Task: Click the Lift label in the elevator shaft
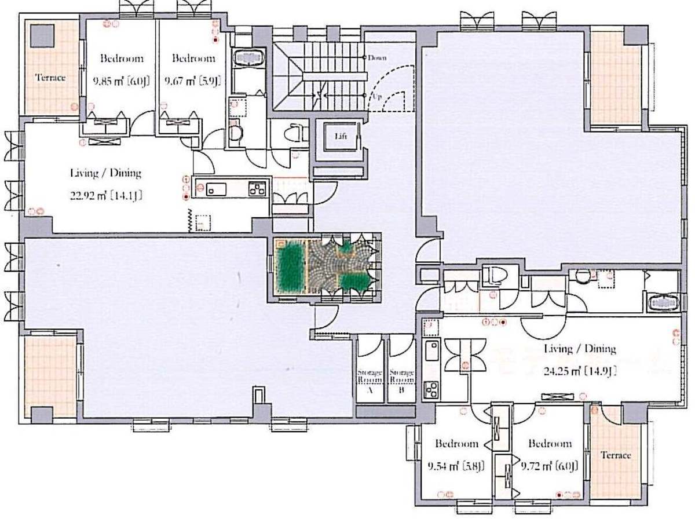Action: tap(341, 136)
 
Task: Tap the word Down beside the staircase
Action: tap(377, 58)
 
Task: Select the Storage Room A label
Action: tap(370, 382)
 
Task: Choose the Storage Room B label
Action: tap(401, 381)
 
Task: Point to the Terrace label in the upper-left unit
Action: tap(50, 78)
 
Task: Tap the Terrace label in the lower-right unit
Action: tap(616, 455)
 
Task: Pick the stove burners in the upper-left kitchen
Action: tap(257, 188)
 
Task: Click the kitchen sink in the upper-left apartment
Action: tap(216, 189)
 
